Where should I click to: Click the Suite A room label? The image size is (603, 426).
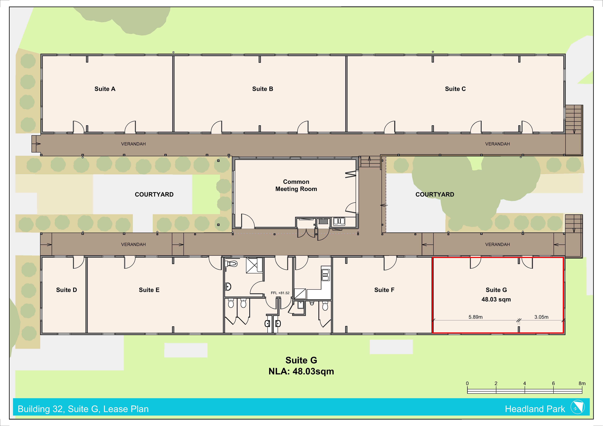[105, 89]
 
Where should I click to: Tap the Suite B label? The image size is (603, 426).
[263, 89]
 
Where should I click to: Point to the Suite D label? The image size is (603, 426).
[66, 290]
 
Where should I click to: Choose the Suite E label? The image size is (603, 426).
[149, 290]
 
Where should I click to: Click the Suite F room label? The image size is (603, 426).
[384, 290]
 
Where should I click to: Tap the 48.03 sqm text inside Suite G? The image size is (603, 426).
[496, 299]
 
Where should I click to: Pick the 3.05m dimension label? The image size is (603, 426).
[541, 317]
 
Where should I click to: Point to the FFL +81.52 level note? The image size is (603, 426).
[280, 293]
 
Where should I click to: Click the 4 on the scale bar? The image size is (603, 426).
[525, 384]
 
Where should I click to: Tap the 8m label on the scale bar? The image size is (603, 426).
[582, 384]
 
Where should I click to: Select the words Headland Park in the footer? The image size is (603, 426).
[535, 409]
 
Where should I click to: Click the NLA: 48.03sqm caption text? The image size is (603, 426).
[301, 371]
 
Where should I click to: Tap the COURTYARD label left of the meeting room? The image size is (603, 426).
[154, 194]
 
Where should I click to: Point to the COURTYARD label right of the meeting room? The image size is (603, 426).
[435, 194]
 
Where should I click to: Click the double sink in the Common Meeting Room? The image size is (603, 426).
[339, 221]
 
